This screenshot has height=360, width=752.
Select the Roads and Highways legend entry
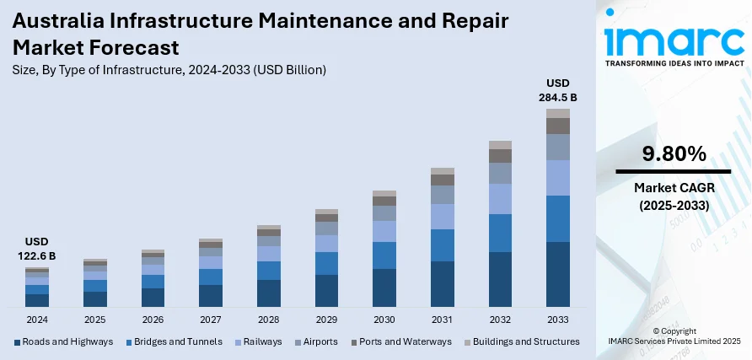pyautogui.click(x=64, y=341)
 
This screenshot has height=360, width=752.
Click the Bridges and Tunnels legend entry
pyautogui.click(x=173, y=341)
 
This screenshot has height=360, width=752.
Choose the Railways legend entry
pyautogui.click(x=262, y=341)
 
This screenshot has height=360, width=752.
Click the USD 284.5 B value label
pyautogui.click(x=557, y=89)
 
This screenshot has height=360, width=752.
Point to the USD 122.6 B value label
pyautogui.click(x=38, y=249)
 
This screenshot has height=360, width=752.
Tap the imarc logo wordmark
pyautogui.click(x=674, y=40)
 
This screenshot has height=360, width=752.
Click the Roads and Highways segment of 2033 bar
pyautogui.click(x=557, y=274)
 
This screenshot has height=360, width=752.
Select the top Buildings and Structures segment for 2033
pyautogui.click(x=557, y=113)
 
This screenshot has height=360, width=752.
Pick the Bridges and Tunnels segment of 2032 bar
pyautogui.click(x=500, y=233)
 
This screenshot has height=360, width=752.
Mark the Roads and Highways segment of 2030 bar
pyautogui.click(x=384, y=287)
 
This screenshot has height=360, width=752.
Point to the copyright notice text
pyautogui.click(x=673, y=336)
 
